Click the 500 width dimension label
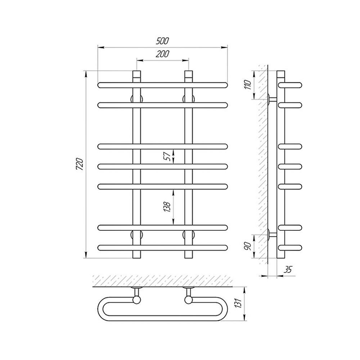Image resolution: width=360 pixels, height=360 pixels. tap(163, 41)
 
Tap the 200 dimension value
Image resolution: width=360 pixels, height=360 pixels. tap(163, 54)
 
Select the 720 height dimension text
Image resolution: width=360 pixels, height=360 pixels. tap(80, 164)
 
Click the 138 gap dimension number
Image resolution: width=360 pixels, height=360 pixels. tap(168, 207)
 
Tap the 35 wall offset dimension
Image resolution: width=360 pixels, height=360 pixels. tap(288, 270)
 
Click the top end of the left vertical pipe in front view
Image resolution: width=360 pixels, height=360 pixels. tap(136, 71)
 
